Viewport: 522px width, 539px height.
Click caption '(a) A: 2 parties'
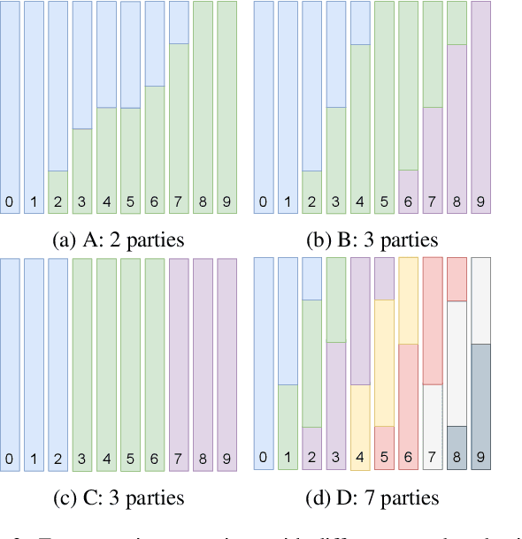click(x=119, y=239)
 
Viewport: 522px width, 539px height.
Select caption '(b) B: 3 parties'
click(x=371, y=239)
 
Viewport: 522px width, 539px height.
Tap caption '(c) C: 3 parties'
click(x=119, y=497)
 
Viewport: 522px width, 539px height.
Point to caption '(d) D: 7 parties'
click(x=371, y=497)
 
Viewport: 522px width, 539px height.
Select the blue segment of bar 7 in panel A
click(x=178, y=22)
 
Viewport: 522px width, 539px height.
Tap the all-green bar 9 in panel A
click(x=226, y=106)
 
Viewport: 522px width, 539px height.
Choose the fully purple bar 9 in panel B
click(x=481, y=106)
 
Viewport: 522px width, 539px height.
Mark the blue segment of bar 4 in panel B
click(x=360, y=23)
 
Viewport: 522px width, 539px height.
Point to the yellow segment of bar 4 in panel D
click(x=360, y=415)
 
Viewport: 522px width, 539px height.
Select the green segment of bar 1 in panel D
click(x=288, y=415)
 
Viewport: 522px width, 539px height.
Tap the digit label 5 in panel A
click(x=130, y=202)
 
